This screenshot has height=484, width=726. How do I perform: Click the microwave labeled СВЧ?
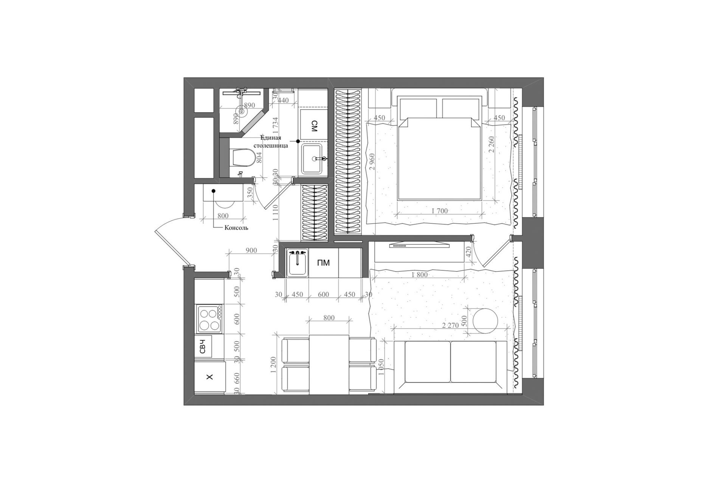203,346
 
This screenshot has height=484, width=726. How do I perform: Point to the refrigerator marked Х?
210,377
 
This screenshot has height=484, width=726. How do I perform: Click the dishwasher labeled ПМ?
324,263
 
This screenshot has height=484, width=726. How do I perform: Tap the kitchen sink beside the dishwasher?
297,263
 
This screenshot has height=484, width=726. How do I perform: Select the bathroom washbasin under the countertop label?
314,159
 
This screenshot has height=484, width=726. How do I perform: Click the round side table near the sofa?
484,321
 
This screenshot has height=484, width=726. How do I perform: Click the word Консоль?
236,228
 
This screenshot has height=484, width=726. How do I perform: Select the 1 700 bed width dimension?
440,211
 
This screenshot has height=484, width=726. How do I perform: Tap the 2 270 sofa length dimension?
450,325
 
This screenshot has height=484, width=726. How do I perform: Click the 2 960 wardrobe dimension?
372,161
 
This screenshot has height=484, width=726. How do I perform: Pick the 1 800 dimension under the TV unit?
419,275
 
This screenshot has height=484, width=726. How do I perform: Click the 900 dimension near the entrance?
251,250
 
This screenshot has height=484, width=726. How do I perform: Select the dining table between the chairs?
329,365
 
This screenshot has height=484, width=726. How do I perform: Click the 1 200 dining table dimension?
275,365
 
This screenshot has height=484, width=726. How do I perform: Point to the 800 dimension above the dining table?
329,318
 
